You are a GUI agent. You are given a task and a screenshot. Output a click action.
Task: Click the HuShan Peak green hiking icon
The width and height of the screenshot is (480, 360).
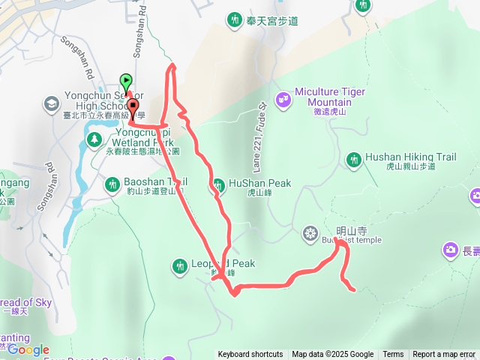point(218,184)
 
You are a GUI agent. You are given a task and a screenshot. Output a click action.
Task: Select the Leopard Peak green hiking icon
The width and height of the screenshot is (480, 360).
point(178,265)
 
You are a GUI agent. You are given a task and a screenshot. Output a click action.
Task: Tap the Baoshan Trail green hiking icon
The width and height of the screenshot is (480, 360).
point(112,183)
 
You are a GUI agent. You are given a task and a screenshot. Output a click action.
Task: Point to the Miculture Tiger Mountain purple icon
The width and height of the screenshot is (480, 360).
point(283,97)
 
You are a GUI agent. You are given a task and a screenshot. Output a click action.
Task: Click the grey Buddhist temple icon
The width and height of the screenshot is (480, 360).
point(310,234)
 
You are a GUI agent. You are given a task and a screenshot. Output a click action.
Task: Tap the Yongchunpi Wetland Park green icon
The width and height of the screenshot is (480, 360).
point(95,138)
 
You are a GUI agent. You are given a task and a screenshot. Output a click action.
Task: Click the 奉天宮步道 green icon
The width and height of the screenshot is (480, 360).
point(235,19)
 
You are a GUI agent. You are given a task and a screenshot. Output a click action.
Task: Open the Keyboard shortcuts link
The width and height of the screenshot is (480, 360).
point(250,355)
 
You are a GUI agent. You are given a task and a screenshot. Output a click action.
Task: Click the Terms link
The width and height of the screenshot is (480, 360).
point(393,355)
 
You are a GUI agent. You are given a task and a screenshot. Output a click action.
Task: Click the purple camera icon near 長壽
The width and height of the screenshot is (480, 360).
point(450,250)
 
